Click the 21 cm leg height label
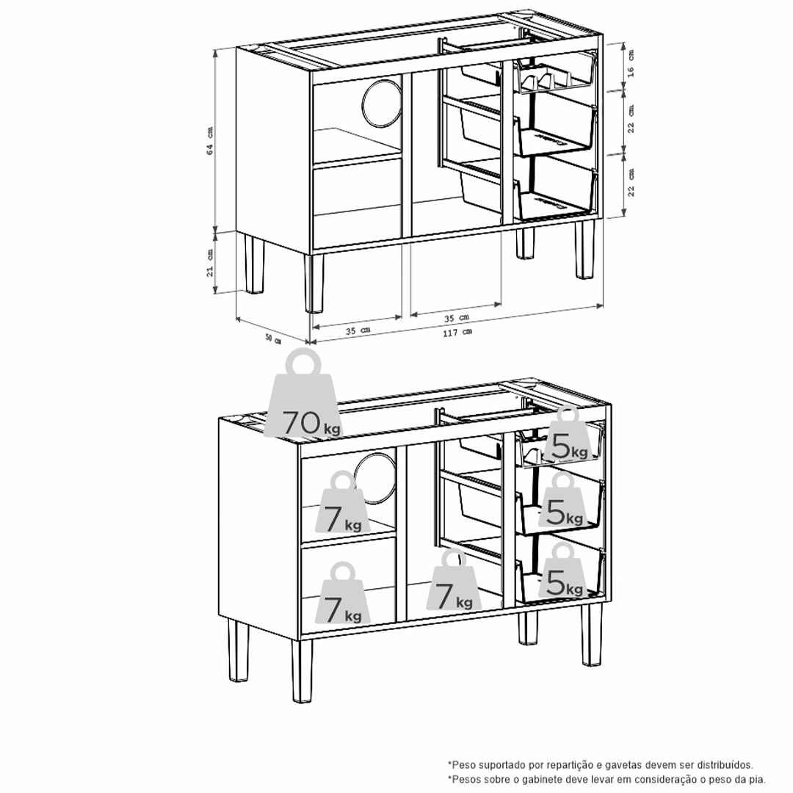210,261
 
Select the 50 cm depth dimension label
273,338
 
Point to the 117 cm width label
457,333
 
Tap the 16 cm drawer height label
631,65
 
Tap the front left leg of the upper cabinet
315,283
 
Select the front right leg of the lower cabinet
592,634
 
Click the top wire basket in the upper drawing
554,76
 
